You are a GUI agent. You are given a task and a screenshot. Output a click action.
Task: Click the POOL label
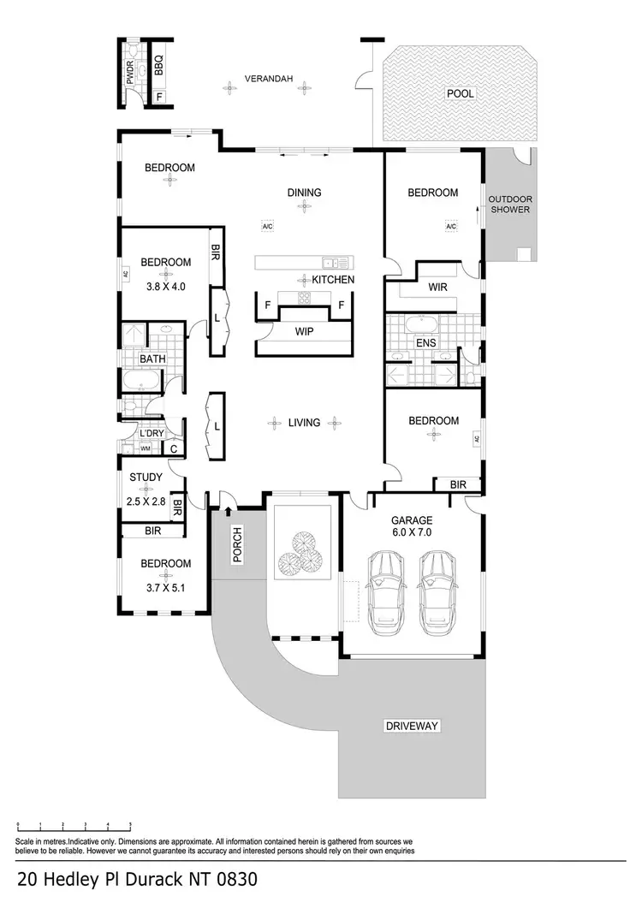coord(460,93)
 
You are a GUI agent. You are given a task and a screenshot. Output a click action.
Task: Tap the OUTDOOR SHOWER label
coord(509,205)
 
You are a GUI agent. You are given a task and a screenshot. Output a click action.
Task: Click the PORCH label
coord(237,544)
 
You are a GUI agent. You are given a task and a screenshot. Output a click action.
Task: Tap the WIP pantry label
coord(304,330)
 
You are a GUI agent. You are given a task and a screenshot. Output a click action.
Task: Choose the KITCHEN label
coord(333,280)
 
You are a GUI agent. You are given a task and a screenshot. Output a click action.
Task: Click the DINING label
coord(304,193)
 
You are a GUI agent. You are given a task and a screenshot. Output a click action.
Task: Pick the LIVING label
coord(304,422)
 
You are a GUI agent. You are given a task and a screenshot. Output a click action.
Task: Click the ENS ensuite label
coord(425,343)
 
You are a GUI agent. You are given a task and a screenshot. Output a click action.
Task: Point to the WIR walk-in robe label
coord(437,288)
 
